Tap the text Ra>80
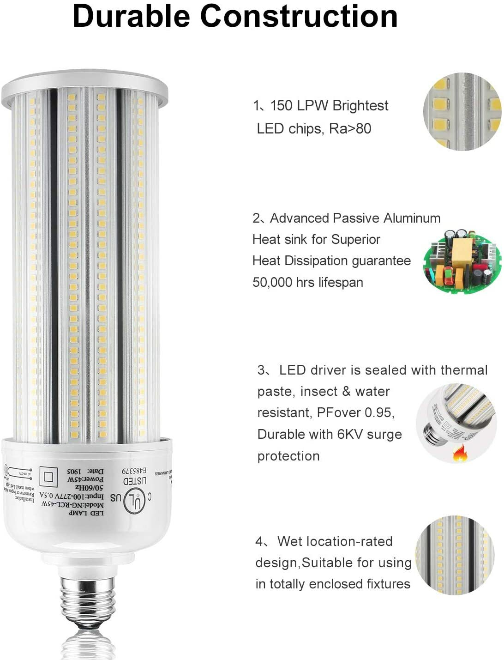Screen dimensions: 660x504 pyautogui.click(x=350, y=129)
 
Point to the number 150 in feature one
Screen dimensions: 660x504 pyautogui.click(x=281, y=106)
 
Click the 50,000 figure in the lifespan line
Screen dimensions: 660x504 pyautogui.click(x=272, y=282)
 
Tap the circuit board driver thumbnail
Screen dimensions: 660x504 pyautogui.click(x=461, y=261)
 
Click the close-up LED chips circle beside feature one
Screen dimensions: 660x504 pyautogui.click(x=462, y=112)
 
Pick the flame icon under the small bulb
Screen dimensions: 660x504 pyautogui.click(x=460, y=455)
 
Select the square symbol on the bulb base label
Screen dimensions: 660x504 pyautogui.click(x=48, y=475)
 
